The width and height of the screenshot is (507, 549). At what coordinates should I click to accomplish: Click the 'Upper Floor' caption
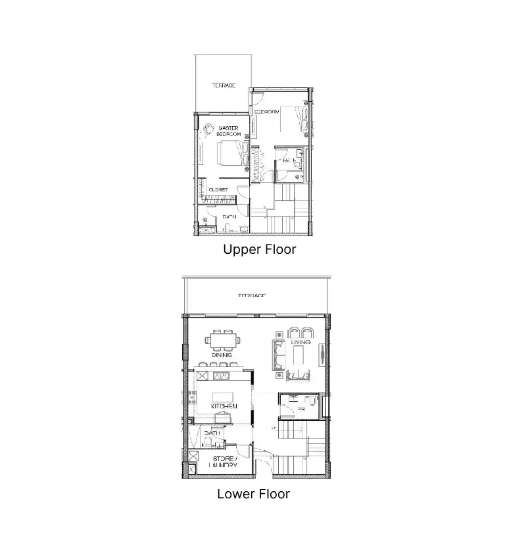point(259,250)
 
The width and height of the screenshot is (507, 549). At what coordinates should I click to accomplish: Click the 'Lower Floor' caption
point(253,494)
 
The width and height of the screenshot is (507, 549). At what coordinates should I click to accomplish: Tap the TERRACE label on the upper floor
point(224,85)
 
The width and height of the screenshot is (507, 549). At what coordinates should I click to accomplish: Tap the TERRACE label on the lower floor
point(252,297)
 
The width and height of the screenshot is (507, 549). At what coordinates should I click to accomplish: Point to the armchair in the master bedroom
point(208,130)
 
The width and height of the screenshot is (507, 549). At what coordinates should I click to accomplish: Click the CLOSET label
point(218,189)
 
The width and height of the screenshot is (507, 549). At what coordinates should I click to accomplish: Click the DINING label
point(222,355)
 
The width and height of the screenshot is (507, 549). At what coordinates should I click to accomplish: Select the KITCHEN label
point(224,407)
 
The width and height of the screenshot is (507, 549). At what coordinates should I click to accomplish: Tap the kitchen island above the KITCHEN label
point(224,396)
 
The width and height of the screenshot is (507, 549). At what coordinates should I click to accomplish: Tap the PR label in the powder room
point(301,409)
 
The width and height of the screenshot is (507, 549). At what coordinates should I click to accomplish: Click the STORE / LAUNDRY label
point(223,462)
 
